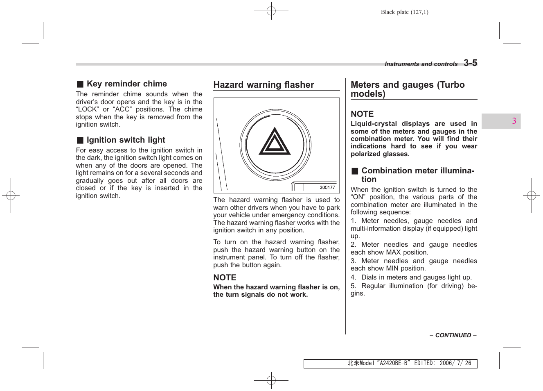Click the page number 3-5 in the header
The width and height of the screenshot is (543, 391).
(470, 63)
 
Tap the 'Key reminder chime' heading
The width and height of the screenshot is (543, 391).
(126, 84)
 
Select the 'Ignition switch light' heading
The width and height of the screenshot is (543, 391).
(126, 140)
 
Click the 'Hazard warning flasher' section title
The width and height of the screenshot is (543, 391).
(264, 85)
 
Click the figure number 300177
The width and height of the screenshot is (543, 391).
(327, 188)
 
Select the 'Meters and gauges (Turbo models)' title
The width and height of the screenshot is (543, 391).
(408, 89)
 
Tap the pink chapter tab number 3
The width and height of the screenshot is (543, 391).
(514, 121)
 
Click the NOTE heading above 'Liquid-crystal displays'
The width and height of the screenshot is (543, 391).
(362, 114)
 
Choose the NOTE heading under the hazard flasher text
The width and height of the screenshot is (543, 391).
(225, 277)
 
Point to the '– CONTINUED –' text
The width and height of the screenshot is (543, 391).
(453, 335)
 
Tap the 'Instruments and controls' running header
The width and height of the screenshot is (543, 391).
(421, 64)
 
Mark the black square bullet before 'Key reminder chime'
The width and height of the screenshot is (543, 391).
(80, 84)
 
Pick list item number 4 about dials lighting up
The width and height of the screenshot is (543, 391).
(411, 277)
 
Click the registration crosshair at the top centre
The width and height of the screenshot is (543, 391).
(271, 11)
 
